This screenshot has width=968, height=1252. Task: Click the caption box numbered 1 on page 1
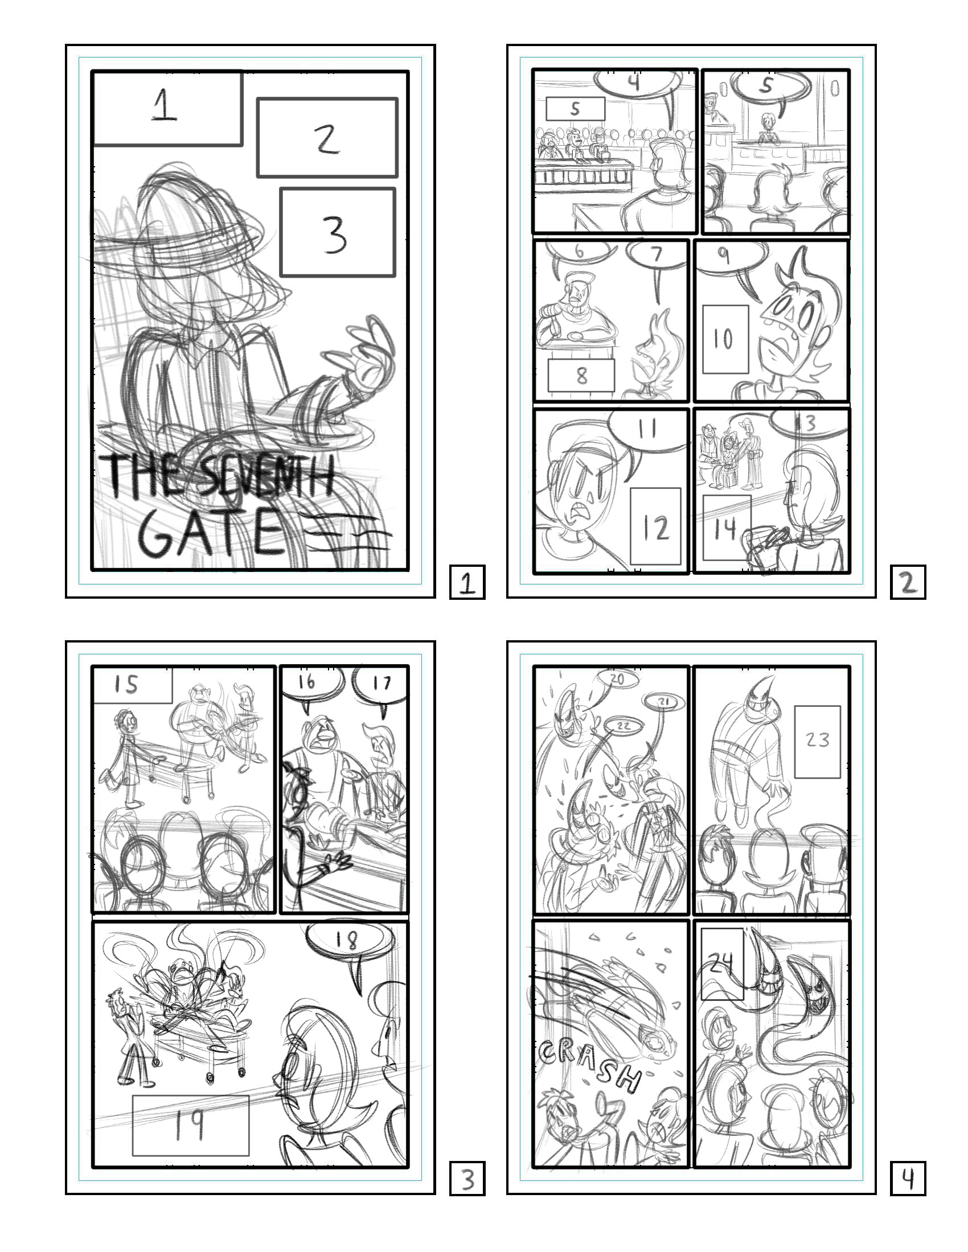coord(166,108)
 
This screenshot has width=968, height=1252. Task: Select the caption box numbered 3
coord(338,232)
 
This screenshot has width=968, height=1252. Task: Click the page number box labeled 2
coord(908,582)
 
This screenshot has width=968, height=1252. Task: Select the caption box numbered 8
coord(581,376)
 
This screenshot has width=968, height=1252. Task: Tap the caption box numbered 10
coord(725,339)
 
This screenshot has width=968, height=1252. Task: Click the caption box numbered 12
coord(655,526)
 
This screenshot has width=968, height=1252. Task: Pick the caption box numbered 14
coord(726,528)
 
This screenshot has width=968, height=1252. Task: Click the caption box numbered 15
coord(133,685)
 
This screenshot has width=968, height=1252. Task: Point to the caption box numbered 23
coord(817,742)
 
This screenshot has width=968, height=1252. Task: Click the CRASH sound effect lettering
coord(590,1065)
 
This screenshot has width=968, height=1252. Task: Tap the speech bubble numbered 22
coord(624,726)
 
